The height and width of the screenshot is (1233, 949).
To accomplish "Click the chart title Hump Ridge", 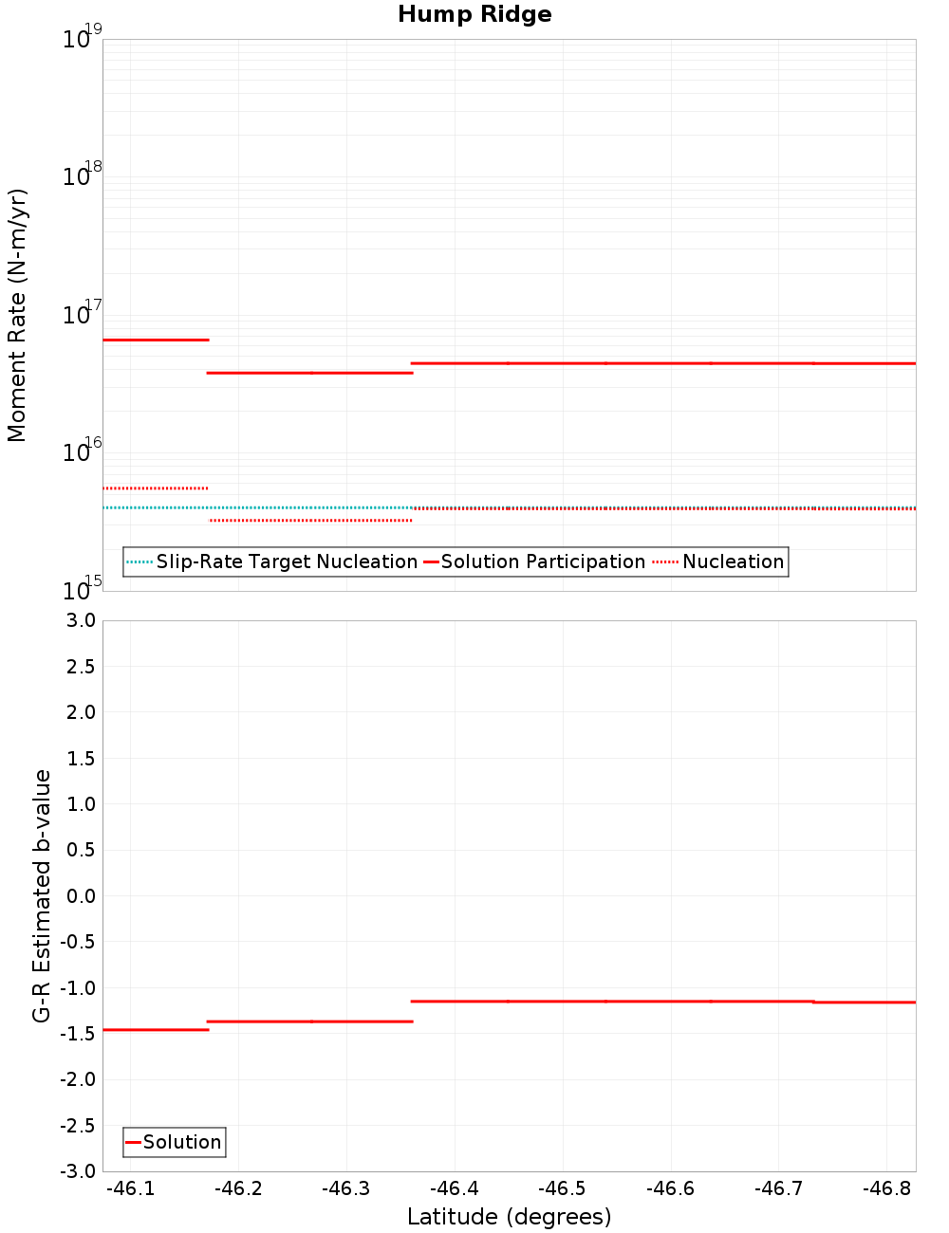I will [x=474, y=14].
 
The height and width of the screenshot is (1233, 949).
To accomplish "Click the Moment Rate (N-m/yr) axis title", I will [x=17, y=315].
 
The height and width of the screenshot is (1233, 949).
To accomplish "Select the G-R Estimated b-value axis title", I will [x=42, y=895].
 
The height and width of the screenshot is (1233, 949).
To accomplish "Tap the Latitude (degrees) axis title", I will [x=509, y=1217].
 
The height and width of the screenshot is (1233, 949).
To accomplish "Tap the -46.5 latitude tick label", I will [x=563, y=1188].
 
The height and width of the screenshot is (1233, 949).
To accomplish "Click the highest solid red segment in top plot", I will [x=155, y=340].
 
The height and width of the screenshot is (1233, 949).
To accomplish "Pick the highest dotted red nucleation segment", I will [x=155, y=488].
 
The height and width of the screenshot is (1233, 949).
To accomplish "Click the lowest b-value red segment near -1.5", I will [x=155, y=1030].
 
